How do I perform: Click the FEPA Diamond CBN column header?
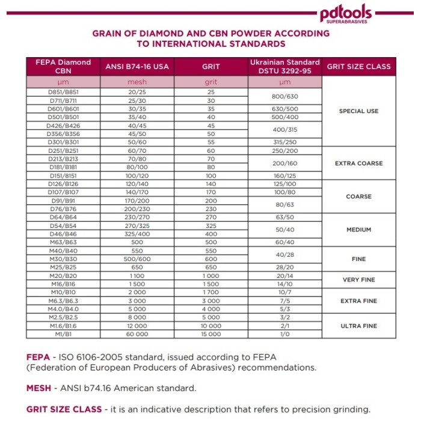pyautogui.click(x=63, y=66)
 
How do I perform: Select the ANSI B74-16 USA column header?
pyautogui.click(x=137, y=66)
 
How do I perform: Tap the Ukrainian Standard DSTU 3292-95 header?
pyautogui.click(x=285, y=66)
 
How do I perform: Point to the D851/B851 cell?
pyautogui.click(x=63, y=92)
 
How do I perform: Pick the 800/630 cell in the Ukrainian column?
pyautogui.click(x=285, y=96)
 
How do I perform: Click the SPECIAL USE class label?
pyautogui.click(x=358, y=111)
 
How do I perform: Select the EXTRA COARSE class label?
pyautogui.click(x=358, y=163)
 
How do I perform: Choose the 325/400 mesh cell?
pyautogui.click(x=137, y=233)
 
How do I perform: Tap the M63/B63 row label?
pyautogui.click(x=63, y=242)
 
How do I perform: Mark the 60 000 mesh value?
pyautogui.click(x=137, y=334)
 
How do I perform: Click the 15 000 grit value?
pyautogui.click(x=211, y=334)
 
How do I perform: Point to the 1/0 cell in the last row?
pyautogui.click(x=285, y=334)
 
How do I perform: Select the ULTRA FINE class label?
pyautogui.click(x=358, y=325)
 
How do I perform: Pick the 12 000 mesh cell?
pyautogui.click(x=137, y=325)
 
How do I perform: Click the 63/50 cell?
pyautogui.click(x=285, y=217)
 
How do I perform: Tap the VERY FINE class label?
pyautogui.click(x=358, y=280)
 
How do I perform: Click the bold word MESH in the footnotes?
pyautogui.click(x=38, y=389)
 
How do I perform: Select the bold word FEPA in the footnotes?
pyautogui.click(x=38, y=355)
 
